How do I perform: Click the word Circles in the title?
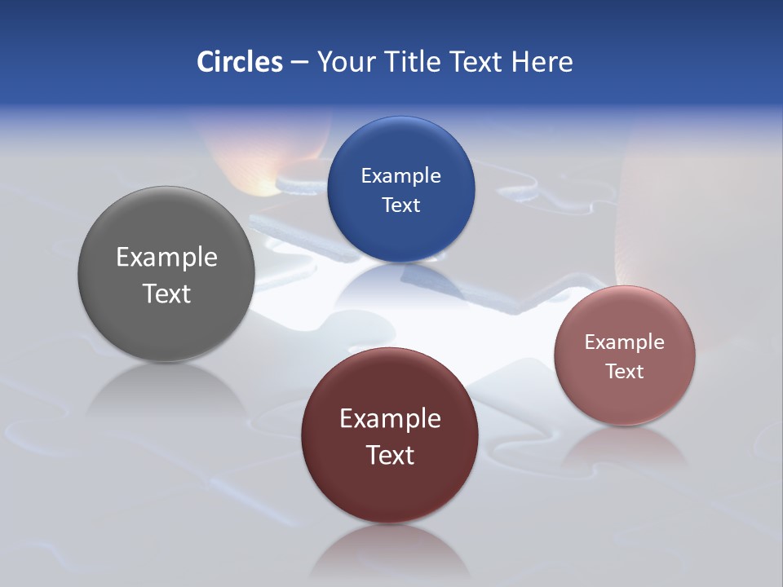click(x=240, y=62)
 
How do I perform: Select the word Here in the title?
click(x=542, y=62)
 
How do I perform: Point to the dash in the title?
click(x=299, y=63)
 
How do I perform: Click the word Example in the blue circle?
click(x=401, y=176)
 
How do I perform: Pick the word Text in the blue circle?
click(x=401, y=205)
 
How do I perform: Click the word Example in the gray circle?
click(x=166, y=258)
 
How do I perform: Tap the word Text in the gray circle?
click(x=166, y=293)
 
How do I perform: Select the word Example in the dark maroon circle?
click(x=390, y=419)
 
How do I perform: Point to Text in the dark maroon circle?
click(x=390, y=455)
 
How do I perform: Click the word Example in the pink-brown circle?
click(x=625, y=342)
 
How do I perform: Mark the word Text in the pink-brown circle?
click(x=625, y=372)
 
